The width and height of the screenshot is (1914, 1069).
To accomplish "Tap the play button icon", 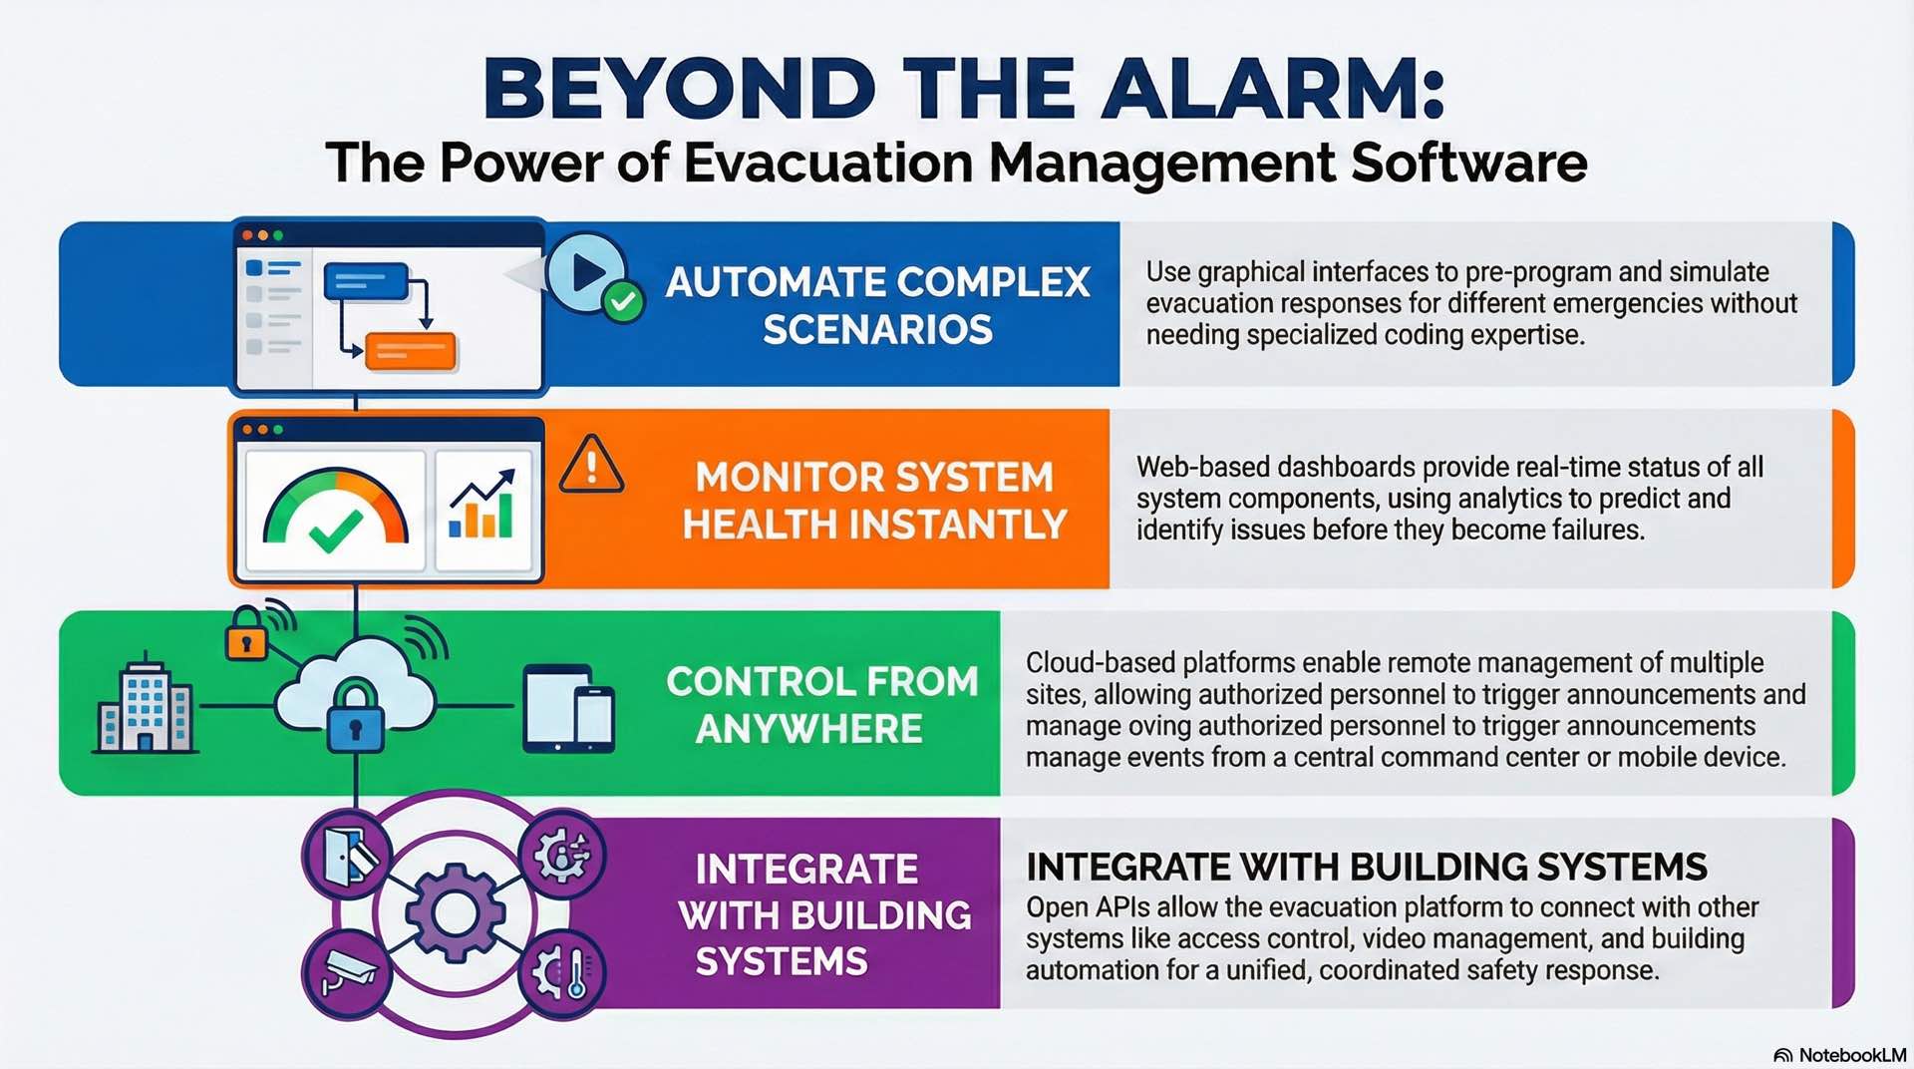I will coord(587,271).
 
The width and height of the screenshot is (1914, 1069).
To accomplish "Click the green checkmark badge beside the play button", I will coord(624,301).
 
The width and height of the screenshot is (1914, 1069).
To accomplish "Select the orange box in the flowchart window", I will coord(410,352).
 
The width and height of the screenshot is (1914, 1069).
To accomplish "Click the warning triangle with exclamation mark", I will coord(591,466).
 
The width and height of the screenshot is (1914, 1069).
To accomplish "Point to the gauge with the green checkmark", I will coord(336,510).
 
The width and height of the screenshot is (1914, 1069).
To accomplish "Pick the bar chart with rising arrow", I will coord(482,506).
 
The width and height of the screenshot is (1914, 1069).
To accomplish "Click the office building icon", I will coord(146,704).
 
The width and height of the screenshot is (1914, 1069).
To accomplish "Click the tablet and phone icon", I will coord(569,709).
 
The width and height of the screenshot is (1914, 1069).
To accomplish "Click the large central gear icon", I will coord(455,911).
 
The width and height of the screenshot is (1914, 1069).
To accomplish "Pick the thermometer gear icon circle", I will coord(563,972).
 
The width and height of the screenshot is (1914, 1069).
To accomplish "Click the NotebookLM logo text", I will coord(1851,1055).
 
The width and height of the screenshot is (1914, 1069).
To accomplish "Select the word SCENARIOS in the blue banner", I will coord(877,330).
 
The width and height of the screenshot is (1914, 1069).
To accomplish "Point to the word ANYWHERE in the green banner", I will coord(808,729).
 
